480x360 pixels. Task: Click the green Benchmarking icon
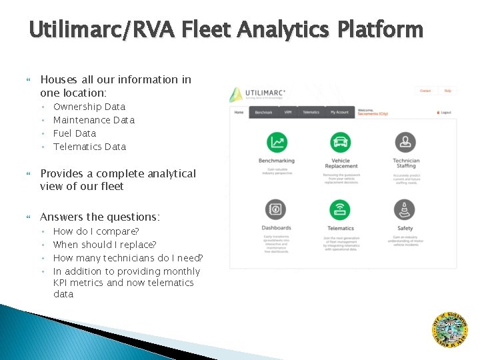[x=277, y=142]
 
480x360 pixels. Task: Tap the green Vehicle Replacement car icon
[x=341, y=142]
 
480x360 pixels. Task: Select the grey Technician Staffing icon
[x=405, y=142]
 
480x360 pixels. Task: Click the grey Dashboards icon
[x=277, y=209]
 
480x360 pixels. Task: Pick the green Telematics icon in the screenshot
[x=341, y=209]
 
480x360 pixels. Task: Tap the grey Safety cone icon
[x=405, y=209]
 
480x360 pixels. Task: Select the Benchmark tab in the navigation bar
[x=263, y=112]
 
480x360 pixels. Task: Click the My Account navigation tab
[x=339, y=112]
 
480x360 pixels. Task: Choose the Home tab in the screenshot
[x=239, y=112]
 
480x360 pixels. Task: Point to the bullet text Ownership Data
[x=89, y=107]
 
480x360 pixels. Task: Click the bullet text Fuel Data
[x=75, y=133]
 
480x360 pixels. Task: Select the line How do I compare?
[x=96, y=231]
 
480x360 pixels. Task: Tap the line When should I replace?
[x=105, y=245]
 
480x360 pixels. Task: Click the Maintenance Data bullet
[x=93, y=120]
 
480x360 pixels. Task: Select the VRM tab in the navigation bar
[x=288, y=112]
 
